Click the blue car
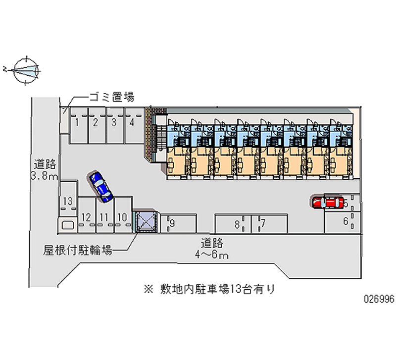(101, 186)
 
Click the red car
(328, 202)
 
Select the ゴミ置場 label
(111, 97)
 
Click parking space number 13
(68, 201)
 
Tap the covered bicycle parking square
(147, 221)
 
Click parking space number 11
(104, 217)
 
